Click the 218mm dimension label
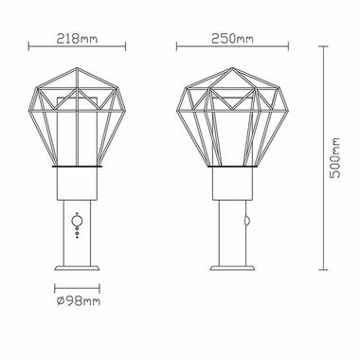coord(77,39)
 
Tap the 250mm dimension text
coord(232,39)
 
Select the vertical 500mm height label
coord(334,158)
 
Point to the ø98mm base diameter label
coord(79,301)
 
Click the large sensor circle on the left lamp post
coord(77,220)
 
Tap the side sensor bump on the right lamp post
coord(246,220)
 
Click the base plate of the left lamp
coord(77,268)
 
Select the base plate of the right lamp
coord(232,268)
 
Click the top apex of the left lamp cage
coord(77,67)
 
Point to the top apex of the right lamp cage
coord(232,67)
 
